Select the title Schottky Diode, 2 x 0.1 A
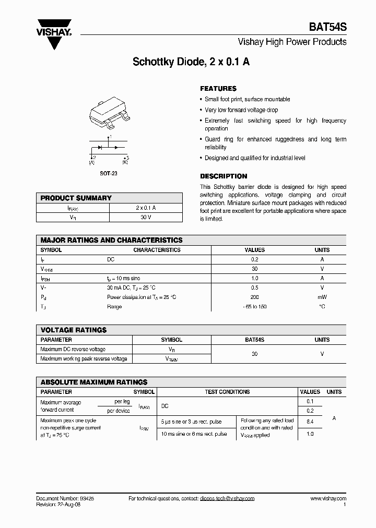(191, 62)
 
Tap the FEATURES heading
(218, 89)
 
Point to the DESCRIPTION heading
(224, 176)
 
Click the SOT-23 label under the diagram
(109, 173)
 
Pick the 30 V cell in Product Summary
(146, 217)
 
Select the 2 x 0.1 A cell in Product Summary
(146, 208)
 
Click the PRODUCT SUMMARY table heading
(76, 198)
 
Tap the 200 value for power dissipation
(254, 297)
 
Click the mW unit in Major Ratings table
(322, 297)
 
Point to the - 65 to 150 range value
(254, 306)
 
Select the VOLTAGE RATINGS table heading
(74, 330)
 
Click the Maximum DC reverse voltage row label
(73, 349)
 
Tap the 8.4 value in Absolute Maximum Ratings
(310, 420)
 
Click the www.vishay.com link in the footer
(328, 499)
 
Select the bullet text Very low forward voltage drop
(241, 110)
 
